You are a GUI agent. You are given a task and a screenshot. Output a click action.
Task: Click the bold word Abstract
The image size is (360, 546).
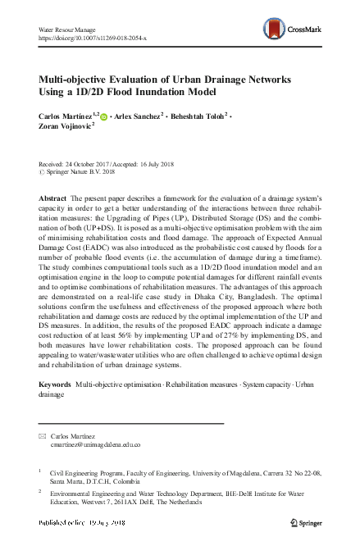52,199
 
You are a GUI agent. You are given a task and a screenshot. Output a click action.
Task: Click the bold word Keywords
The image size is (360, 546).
54,384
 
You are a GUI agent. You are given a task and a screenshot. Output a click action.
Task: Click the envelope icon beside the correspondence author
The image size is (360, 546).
43,437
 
